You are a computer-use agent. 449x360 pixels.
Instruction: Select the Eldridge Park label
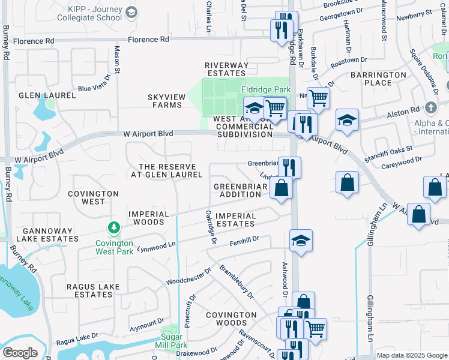click(x=265, y=89)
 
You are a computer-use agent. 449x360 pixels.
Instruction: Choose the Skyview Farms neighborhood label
click(x=164, y=100)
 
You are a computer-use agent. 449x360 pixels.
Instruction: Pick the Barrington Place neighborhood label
click(x=379, y=79)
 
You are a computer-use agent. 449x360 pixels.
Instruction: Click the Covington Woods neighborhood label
click(x=232, y=319)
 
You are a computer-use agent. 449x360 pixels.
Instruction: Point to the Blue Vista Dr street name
click(x=94, y=85)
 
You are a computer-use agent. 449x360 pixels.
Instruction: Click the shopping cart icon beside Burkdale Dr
click(x=318, y=97)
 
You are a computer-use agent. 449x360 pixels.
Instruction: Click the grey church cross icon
click(x=430, y=108)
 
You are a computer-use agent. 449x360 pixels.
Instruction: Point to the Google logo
click(x=20, y=352)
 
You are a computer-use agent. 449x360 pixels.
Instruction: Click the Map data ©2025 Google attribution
click(x=411, y=355)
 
